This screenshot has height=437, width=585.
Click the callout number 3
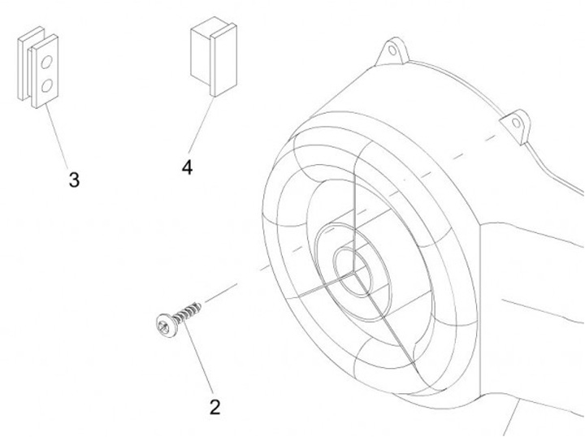pyautogui.click(x=74, y=180)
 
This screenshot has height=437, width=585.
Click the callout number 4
pyautogui.click(x=188, y=167)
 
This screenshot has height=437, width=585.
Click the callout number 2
pyautogui.click(x=214, y=407)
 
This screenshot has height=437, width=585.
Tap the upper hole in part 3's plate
pyautogui.click(x=46, y=62)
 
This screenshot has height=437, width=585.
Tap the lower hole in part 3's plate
pyautogui.click(x=46, y=86)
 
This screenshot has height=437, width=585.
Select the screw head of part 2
pyautogui.click(x=167, y=326)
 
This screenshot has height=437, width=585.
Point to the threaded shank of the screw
pyautogui.click(x=188, y=313)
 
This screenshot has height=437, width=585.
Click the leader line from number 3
pyautogui.click(x=57, y=136)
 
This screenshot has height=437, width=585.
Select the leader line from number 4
pyautogui.click(x=201, y=125)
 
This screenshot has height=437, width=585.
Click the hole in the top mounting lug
pyautogui.click(x=392, y=50)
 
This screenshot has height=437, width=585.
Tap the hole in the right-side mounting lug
pyautogui.click(x=516, y=123)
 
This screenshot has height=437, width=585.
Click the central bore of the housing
pyautogui.click(x=353, y=272)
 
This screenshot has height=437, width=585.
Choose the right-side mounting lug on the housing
pyautogui.click(x=515, y=126)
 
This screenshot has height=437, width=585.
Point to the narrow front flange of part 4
pyautogui.click(x=223, y=59)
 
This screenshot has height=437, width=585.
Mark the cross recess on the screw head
pyautogui.click(x=163, y=327)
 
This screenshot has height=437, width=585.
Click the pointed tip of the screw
pyautogui.click(x=201, y=305)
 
